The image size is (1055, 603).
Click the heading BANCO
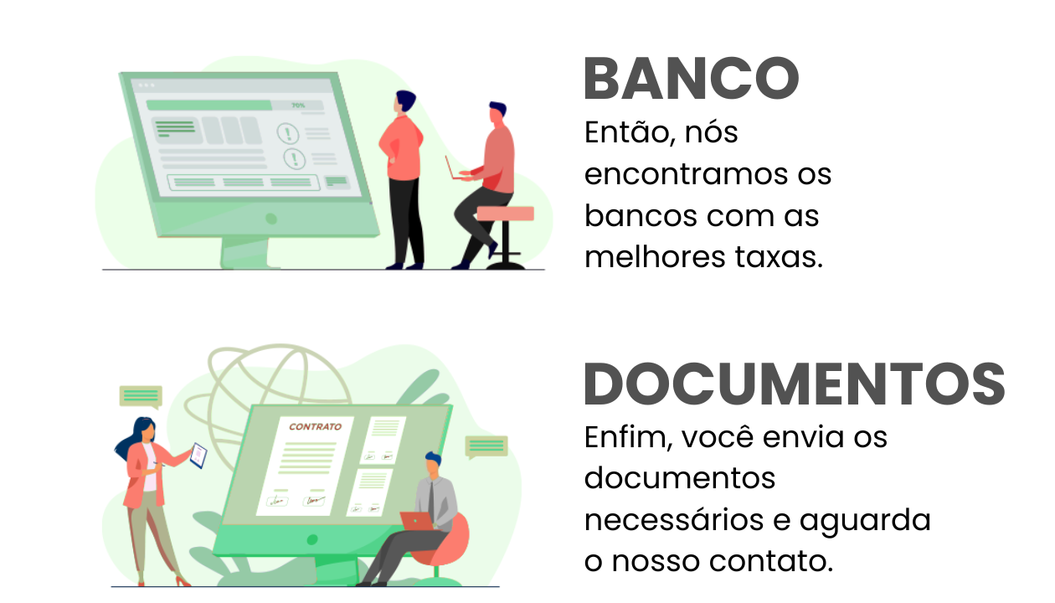tap(691, 80)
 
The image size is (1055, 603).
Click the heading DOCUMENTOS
tap(794, 384)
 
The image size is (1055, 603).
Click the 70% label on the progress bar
tap(297, 106)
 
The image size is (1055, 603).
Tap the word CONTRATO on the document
tap(315, 426)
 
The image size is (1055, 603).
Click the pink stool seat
tap(505, 214)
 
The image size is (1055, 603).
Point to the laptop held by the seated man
tap(456, 170)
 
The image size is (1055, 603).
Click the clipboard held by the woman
tap(198, 455)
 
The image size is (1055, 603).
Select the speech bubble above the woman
tap(140, 395)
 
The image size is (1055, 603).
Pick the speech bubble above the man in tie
tap(486, 446)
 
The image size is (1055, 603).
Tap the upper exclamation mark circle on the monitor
tap(289, 133)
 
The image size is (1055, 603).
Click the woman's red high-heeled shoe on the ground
tap(182, 580)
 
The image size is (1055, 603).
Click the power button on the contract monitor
tap(311, 539)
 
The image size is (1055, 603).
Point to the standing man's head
tap(406, 102)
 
